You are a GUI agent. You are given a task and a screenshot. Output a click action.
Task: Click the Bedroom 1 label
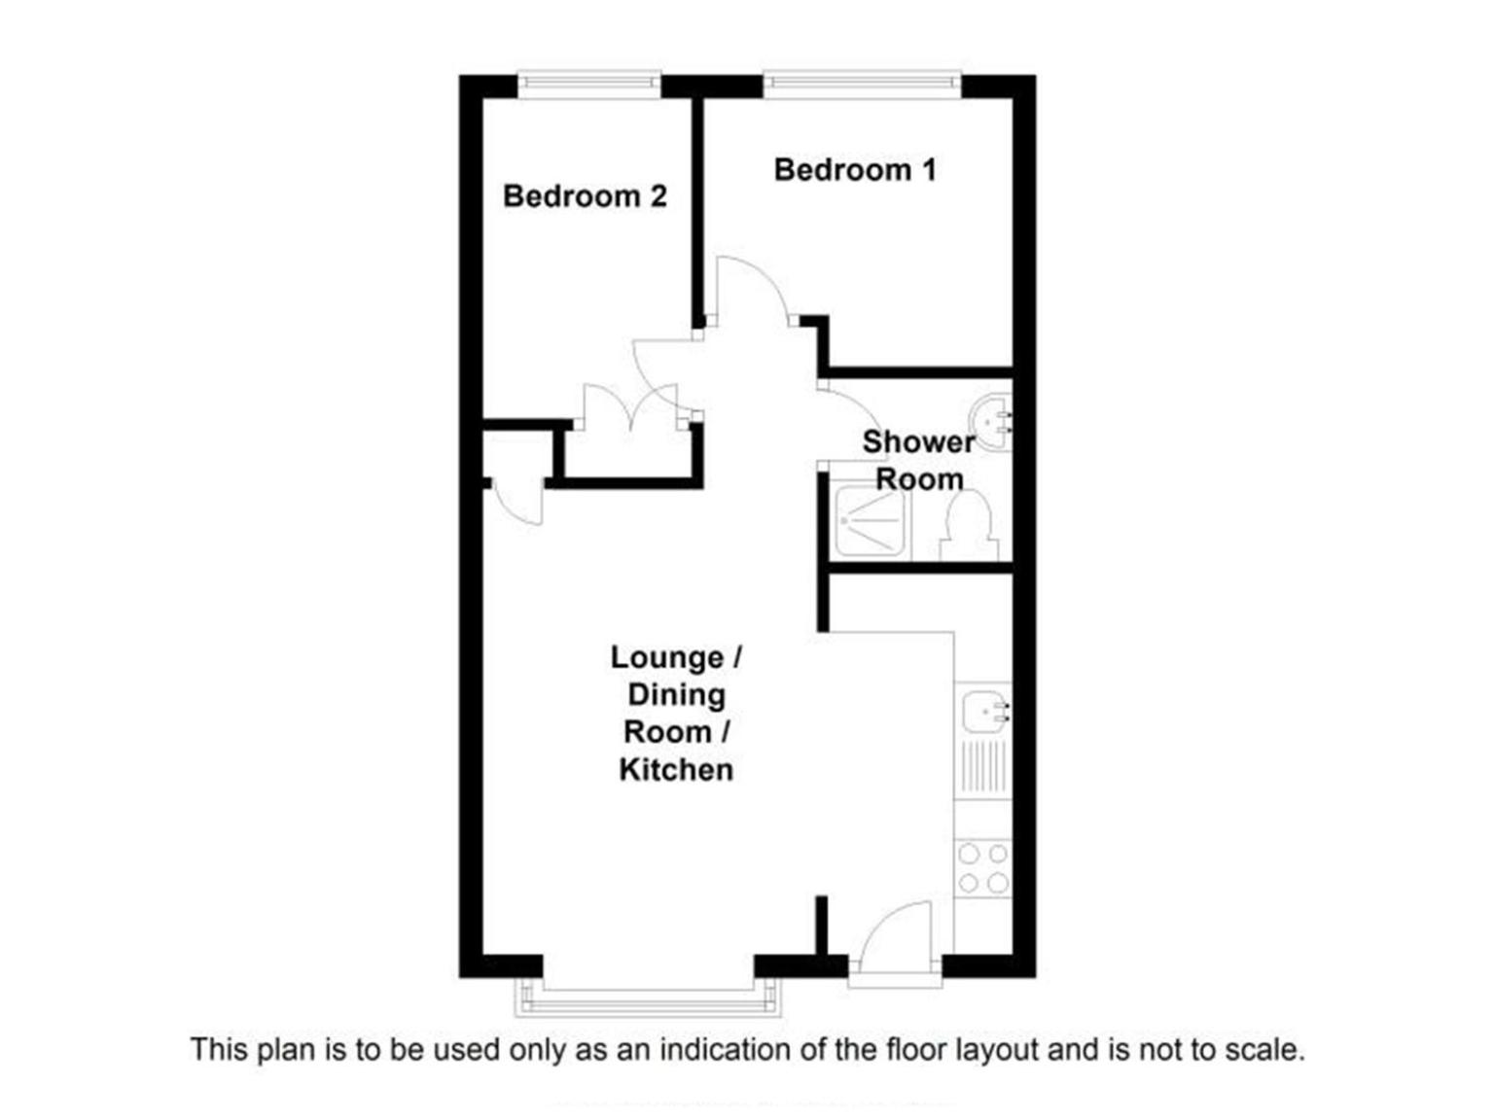pyautogui.click(x=854, y=170)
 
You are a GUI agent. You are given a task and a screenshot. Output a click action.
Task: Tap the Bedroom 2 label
pyautogui.click(x=584, y=196)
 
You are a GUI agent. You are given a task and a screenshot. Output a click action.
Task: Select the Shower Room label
pyautogui.click(x=919, y=461)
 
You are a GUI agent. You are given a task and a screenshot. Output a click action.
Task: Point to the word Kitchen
pyautogui.click(x=676, y=770)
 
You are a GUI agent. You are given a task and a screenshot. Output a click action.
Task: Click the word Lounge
pyautogui.click(x=666, y=657)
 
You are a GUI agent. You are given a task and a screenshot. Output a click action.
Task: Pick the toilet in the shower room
pyautogui.click(x=969, y=526)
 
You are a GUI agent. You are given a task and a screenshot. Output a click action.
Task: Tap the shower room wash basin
pyautogui.click(x=991, y=422)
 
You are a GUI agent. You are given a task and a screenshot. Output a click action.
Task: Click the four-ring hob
pyautogui.click(x=982, y=868)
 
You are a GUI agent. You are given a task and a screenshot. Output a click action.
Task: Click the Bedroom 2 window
pyautogui.click(x=589, y=85)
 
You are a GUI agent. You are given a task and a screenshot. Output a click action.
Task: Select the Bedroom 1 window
pyautogui.click(x=862, y=84)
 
